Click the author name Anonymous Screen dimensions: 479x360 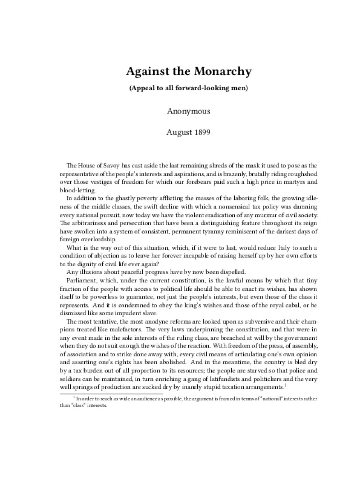(x=189, y=110)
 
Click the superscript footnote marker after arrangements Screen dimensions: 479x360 (x=286, y=385)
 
